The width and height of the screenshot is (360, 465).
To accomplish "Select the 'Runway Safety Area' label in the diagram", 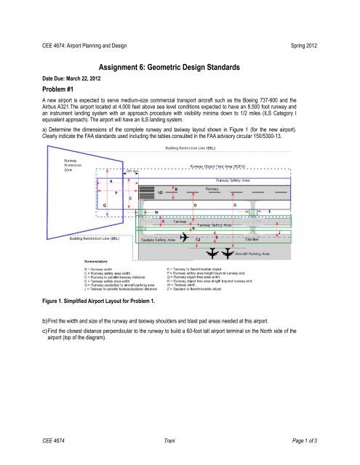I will point(237,179).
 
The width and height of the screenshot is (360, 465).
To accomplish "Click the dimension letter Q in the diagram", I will point(105,206).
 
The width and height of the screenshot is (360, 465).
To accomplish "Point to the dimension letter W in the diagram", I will point(156,212).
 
